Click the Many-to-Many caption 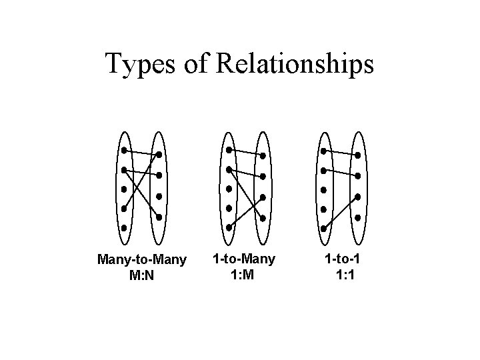pos(142,259)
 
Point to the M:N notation pos(142,274)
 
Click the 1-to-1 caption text pos(341,257)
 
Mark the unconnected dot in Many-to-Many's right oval pos(159,197)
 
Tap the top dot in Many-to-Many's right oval pos(159,155)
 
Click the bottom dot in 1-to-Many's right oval pos(263,218)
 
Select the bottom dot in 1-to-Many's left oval pos(229,227)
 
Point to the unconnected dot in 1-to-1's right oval pos(358,217)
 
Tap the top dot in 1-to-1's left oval pos(324,150)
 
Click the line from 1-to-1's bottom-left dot pos(341,212)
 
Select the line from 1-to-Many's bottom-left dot pos(246,212)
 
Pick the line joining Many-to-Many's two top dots pos(141,153)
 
